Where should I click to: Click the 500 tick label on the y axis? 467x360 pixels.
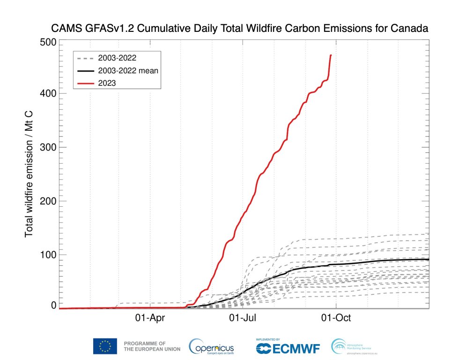click(47, 42)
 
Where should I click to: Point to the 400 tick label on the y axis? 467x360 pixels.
click(47, 94)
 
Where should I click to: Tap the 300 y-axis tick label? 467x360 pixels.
click(47, 147)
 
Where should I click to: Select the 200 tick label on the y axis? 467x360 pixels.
click(47, 201)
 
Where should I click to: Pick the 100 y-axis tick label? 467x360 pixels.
click(47, 255)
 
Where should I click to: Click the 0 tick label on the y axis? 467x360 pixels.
click(53, 306)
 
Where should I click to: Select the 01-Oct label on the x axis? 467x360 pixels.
click(336, 318)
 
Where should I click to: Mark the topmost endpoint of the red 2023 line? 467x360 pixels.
click(331, 55)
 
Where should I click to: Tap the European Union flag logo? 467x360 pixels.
click(105, 346)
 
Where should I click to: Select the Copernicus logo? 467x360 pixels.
click(211, 347)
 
